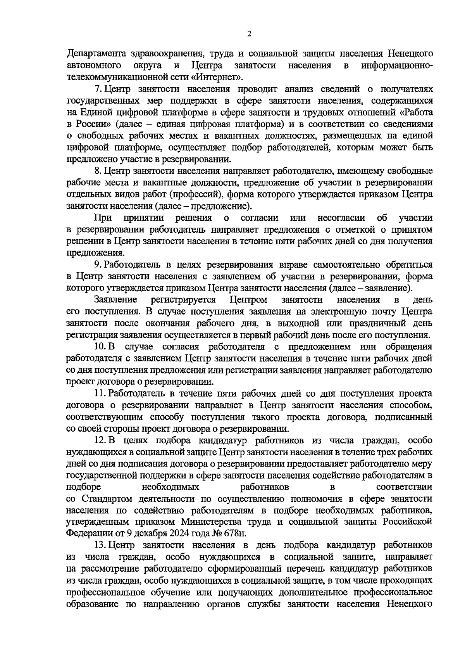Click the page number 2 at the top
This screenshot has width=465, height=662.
click(x=249, y=34)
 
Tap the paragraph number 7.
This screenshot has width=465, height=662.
click(x=98, y=89)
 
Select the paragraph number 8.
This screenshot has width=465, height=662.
click(x=98, y=171)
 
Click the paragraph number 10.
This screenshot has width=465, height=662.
click(x=99, y=346)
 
